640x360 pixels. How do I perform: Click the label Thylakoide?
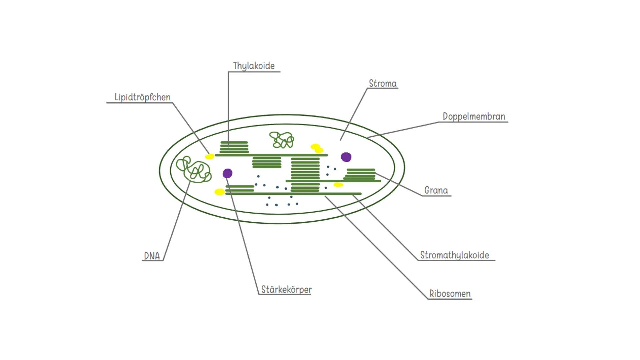point(254,66)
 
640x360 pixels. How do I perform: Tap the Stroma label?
point(382,83)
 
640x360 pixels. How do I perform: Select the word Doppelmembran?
point(474,116)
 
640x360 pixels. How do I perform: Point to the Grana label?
point(436,190)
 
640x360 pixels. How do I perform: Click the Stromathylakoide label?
point(454,255)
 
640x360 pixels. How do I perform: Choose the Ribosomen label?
point(450,294)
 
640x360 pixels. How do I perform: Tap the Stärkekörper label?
point(286,289)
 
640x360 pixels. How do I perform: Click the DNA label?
point(152,256)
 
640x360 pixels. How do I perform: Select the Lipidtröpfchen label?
point(142,97)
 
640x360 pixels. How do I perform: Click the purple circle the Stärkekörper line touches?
point(227,173)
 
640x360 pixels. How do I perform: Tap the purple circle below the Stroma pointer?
point(346,157)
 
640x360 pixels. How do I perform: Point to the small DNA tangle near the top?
point(282,140)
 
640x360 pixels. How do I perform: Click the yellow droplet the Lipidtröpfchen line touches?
point(209,157)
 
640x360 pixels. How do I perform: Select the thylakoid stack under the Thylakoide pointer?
point(234,147)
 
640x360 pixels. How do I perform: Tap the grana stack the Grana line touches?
point(360,174)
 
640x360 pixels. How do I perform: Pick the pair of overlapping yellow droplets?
point(317,148)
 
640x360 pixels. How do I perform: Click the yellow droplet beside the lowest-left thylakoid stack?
point(219,192)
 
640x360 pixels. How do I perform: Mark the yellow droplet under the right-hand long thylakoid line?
point(338,185)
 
